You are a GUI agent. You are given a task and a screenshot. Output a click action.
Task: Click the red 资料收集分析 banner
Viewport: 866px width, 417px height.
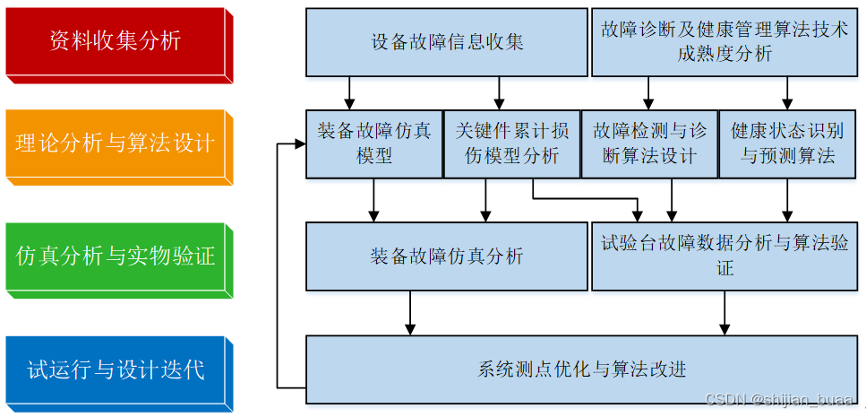(116, 41)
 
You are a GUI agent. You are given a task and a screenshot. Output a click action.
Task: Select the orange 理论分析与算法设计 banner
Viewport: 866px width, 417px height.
(116, 143)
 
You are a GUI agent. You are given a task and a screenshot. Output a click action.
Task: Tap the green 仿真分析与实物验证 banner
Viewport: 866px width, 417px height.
(116, 256)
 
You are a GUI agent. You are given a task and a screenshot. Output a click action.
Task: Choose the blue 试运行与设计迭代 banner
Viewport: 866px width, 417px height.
(116, 369)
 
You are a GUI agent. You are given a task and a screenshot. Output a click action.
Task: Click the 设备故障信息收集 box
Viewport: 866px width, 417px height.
(446, 42)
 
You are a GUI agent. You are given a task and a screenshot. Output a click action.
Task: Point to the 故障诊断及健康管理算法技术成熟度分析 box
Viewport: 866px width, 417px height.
(725, 42)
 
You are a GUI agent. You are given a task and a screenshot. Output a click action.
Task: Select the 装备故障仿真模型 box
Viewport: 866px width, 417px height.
(373, 143)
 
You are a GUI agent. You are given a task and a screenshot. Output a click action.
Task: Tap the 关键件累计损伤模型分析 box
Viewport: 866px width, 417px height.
(511, 143)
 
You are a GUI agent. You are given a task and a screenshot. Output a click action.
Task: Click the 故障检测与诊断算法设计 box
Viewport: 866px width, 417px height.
(649, 143)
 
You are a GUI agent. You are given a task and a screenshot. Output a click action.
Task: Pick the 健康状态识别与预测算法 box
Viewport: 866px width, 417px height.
(787, 143)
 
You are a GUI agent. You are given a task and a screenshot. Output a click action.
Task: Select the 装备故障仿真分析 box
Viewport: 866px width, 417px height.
(446, 256)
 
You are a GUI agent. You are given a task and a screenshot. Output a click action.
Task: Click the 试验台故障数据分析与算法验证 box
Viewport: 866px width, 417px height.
(725, 256)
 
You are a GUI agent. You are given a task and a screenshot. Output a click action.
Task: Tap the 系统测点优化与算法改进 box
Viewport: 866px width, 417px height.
(582, 369)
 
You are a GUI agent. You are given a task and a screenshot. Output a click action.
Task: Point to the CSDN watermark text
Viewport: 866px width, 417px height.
(779, 399)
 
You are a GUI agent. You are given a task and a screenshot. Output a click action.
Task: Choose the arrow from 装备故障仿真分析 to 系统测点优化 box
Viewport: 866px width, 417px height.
(410, 313)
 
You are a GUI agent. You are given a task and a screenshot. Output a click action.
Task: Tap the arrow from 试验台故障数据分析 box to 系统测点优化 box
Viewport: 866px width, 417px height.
(725, 313)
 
